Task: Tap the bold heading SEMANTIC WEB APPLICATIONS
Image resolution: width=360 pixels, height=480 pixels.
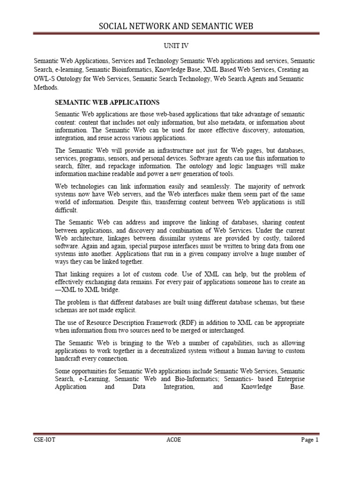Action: coord(107,102)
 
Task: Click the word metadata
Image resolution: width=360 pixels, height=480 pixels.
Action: coord(228,123)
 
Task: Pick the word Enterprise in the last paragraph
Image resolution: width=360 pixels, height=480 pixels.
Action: coord(288,379)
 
